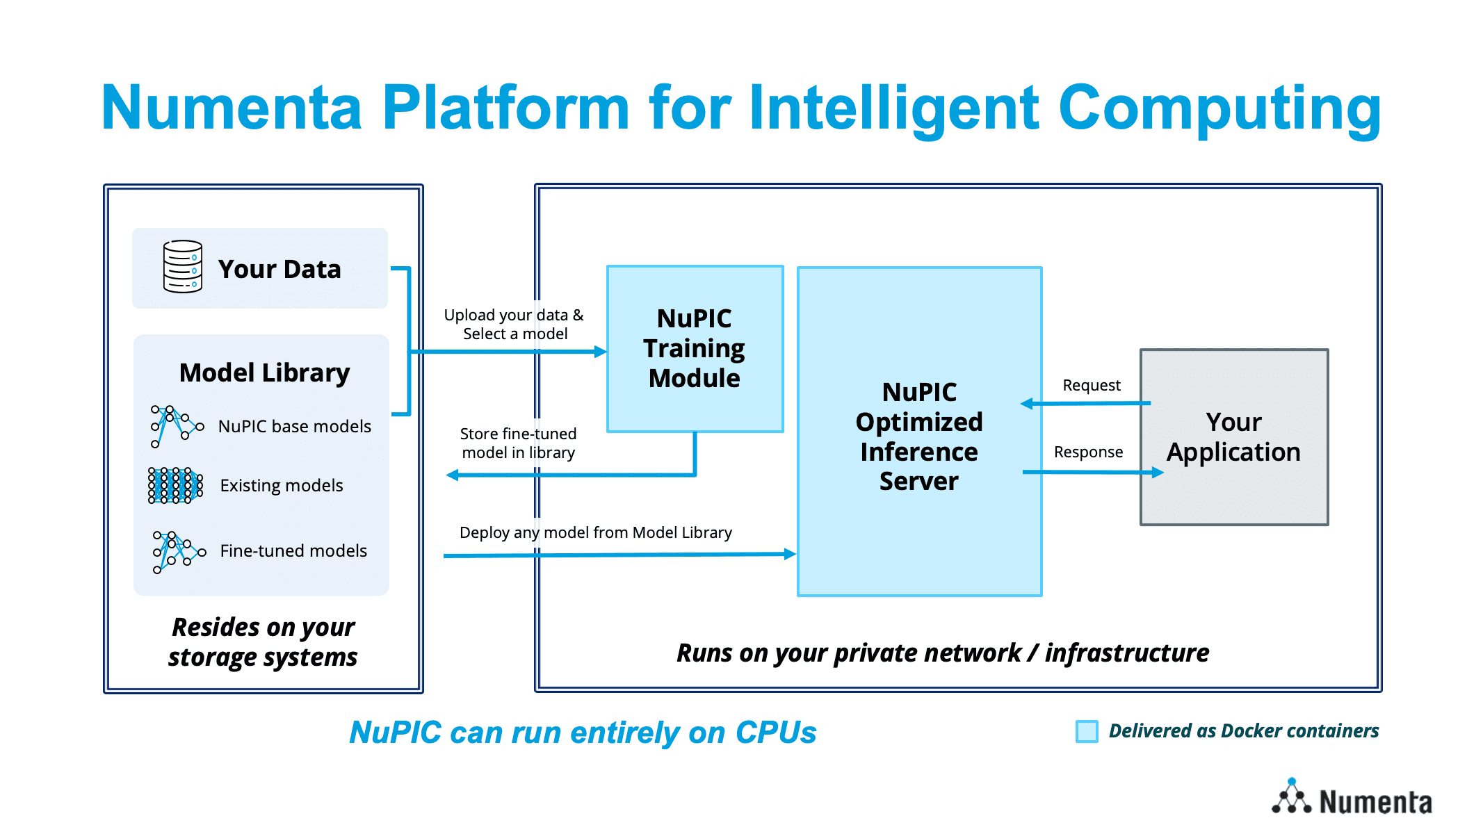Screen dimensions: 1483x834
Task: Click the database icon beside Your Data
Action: click(x=183, y=267)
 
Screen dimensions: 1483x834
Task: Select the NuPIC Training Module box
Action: click(x=695, y=349)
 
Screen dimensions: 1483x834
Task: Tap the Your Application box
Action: click(x=1234, y=437)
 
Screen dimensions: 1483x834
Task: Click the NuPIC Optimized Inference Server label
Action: click(x=919, y=436)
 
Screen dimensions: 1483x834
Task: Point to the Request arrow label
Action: click(x=1092, y=386)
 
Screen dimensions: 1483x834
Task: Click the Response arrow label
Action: click(x=1088, y=452)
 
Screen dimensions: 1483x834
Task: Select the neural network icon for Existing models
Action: click(x=175, y=485)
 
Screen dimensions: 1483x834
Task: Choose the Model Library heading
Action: click(x=265, y=373)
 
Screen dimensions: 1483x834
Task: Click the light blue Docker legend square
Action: click(x=1087, y=731)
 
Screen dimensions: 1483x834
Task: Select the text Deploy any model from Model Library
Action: click(x=596, y=533)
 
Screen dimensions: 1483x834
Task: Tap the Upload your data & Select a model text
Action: click(x=514, y=325)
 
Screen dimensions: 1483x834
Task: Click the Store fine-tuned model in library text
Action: click(x=519, y=443)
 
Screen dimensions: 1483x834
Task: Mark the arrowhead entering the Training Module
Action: click(x=601, y=352)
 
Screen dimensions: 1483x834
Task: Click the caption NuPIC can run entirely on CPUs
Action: click(x=583, y=733)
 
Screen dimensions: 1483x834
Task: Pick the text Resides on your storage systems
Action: click(x=263, y=642)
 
